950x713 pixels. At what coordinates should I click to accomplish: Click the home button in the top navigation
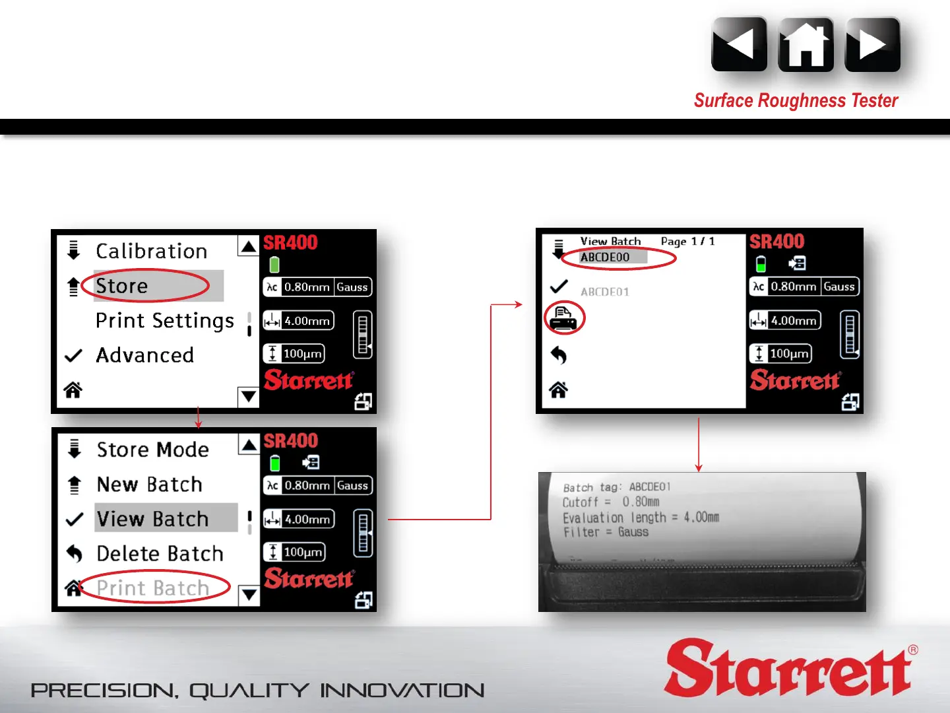(x=806, y=45)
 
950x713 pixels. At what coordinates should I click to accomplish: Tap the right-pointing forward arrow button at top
(x=873, y=45)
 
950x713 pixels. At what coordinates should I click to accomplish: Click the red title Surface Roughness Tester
(x=796, y=100)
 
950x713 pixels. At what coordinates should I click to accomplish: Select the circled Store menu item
(x=121, y=286)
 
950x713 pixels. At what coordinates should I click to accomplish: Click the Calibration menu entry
(x=152, y=251)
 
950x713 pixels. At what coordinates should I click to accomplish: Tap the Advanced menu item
(x=145, y=355)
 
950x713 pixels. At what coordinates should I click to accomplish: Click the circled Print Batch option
(x=153, y=588)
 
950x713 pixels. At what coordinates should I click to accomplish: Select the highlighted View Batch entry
(x=153, y=519)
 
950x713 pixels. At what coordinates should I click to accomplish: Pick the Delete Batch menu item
(x=160, y=553)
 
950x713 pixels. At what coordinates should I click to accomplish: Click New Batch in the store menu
(x=150, y=484)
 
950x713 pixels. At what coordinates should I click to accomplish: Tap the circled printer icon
(x=563, y=318)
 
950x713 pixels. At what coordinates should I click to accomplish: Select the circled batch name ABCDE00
(x=604, y=257)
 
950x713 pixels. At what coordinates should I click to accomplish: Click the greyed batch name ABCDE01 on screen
(x=604, y=292)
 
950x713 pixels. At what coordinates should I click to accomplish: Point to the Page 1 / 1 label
(x=687, y=241)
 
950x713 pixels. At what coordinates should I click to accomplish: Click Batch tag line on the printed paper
(x=617, y=487)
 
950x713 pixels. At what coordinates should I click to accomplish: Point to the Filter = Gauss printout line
(x=606, y=532)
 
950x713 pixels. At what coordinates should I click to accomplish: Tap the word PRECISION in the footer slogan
(x=104, y=691)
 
